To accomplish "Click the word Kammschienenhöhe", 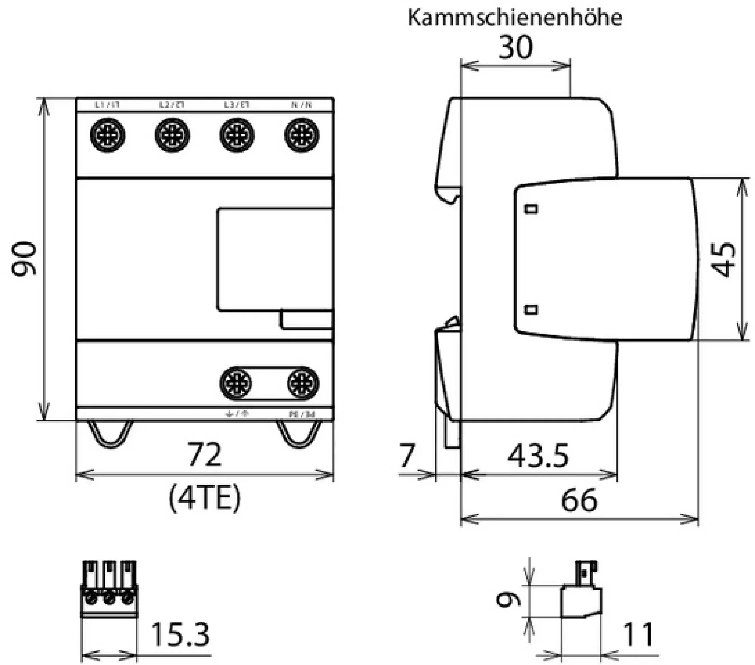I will [x=514, y=18].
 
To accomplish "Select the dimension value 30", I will [x=516, y=48].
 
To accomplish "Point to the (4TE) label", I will [x=204, y=498].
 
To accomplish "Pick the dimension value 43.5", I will [x=538, y=456].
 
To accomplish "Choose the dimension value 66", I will [x=579, y=500].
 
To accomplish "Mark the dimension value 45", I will [x=723, y=260].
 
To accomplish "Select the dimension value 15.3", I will [x=180, y=635].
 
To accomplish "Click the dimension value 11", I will [x=638, y=635].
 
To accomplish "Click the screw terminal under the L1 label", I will [x=108, y=135].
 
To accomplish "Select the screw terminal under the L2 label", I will [x=173, y=135].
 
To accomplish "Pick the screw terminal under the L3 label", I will [x=237, y=135].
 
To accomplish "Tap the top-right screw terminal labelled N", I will [x=302, y=135].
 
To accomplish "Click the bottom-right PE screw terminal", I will [x=303, y=383].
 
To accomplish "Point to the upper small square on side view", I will [x=531, y=209].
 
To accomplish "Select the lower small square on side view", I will [x=531, y=310].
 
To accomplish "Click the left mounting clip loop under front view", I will [x=110, y=434].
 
